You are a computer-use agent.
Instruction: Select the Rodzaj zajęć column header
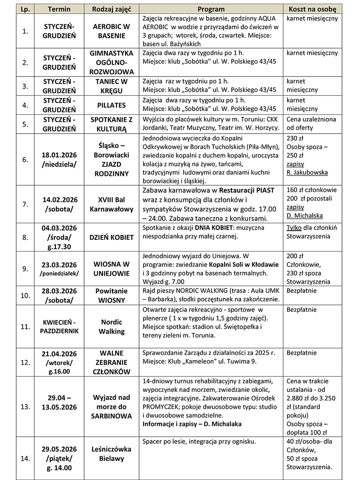click(x=112, y=9)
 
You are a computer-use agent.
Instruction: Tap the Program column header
click(x=211, y=9)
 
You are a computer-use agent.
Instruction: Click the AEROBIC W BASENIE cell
click(x=112, y=31)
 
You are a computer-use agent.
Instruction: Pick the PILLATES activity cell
click(x=112, y=105)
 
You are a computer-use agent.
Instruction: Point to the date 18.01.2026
click(x=59, y=154)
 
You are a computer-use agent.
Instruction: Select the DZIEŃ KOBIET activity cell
click(x=112, y=237)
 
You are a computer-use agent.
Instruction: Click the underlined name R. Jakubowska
click(x=307, y=172)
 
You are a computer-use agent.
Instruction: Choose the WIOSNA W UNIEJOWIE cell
click(x=112, y=269)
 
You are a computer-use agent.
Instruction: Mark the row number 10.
click(x=26, y=296)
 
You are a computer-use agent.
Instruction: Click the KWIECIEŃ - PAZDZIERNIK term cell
click(x=59, y=326)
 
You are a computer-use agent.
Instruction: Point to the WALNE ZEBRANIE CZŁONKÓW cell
click(x=112, y=362)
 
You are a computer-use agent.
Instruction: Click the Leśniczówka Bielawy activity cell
click(x=112, y=454)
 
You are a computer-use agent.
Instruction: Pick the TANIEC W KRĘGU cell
click(x=112, y=85)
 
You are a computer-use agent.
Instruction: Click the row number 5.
click(x=26, y=124)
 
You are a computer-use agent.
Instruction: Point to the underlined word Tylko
click(x=294, y=227)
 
